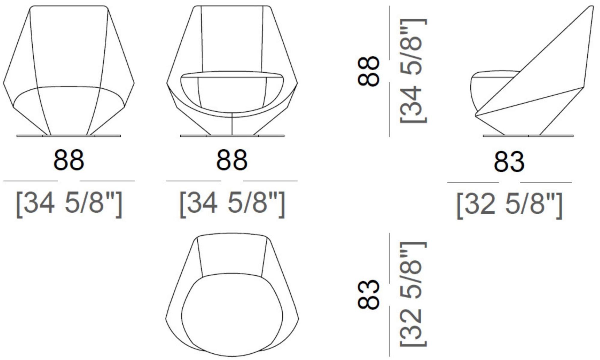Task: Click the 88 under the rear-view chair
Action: pos(69,160)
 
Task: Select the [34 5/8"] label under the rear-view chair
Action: pos(69,203)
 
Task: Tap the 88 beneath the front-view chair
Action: pos(232,160)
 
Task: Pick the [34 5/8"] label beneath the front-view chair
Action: pos(232,203)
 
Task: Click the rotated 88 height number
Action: pos(369,71)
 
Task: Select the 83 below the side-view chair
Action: pos(509,162)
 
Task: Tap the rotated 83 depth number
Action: pos(369,294)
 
